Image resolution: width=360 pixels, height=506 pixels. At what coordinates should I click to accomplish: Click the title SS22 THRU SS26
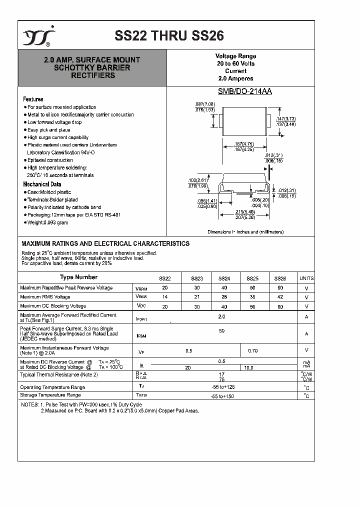pyautogui.click(x=169, y=35)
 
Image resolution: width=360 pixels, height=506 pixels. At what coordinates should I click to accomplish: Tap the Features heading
pyautogui.click(x=33, y=99)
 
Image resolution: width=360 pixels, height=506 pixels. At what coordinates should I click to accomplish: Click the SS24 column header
pyautogui.click(x=223, y=278)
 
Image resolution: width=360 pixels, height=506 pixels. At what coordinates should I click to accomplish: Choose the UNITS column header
pyautogui.click(x=306, y=278)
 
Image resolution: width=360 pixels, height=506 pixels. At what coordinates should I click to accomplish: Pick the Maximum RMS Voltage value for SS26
pyautogui.click(x=279, y=296)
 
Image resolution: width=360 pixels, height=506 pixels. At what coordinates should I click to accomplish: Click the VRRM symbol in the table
pyautogui.click(x=141, y=288)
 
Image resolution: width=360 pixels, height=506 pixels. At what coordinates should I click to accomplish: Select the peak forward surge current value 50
pyautogui.click(x=221, y=331)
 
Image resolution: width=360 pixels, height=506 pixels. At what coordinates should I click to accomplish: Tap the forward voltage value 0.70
pyautogui.click(x=252, y=351)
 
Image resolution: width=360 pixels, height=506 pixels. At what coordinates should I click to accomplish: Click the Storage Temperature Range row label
pyautogui.click(x=50, y=395)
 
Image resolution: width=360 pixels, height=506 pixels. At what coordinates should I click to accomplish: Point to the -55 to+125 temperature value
pyautogui.click(x=221, y=387)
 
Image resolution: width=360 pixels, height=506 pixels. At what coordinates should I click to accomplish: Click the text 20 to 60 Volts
pyautogui.click(x=235, y=64)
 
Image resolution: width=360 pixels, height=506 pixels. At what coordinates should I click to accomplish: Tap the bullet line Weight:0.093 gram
pyautogui.click(x=47, y=222)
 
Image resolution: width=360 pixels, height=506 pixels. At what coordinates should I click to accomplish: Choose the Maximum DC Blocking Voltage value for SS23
pyautogui.click(x=196, y=306)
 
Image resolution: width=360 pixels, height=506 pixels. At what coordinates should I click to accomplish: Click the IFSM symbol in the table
pyautogui.click(x=141, y=336)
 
